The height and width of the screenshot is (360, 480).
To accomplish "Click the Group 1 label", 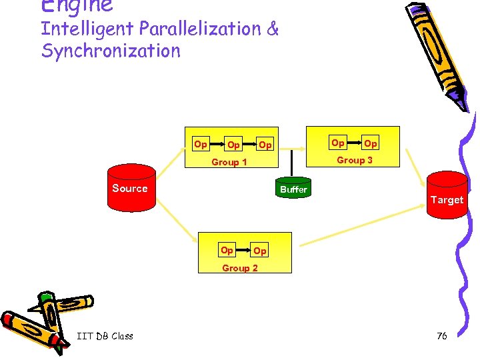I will click(x=229, y=162).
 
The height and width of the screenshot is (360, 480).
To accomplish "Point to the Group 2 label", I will click(x=240, y=268).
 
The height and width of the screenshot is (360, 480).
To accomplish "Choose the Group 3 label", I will click(x=355, y=160).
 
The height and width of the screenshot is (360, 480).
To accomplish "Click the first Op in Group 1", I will click(x=200, y=144).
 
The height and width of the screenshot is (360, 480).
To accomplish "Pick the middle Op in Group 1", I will click(x=233, y=145).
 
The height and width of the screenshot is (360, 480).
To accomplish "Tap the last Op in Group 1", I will click(x=265, y=145).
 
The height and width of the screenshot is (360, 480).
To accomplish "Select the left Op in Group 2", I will click(x=227, y=251).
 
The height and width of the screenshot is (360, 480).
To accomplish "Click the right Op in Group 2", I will click(x=260, y=251).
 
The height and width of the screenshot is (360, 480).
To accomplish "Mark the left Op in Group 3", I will click(x=338, y=143).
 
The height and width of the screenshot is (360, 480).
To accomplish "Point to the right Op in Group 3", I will click(x=371, y=143).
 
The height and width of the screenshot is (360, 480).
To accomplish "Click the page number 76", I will click(x=441, y=336).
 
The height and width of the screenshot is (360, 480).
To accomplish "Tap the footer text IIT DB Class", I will click(x=105, y=336).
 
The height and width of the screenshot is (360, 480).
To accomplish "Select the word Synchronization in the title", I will click(x=111, y=51).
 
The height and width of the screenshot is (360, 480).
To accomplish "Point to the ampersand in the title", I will click(x=273, y=29).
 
